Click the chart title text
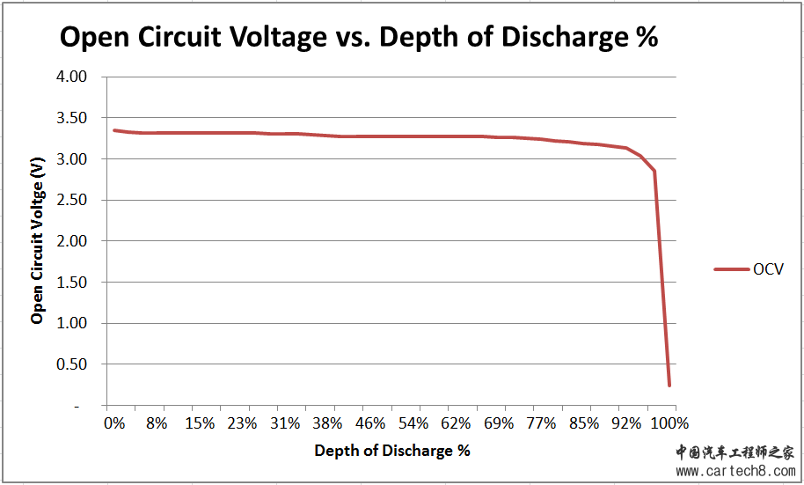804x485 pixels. (x=358, y=38)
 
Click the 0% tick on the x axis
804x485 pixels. (x=115, y=423)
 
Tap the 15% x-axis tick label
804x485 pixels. (x=200, y=423)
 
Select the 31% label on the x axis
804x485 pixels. (x=285, y=423)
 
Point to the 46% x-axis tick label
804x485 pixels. (x=370, y=423)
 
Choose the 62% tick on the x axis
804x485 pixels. (x=456, y=423)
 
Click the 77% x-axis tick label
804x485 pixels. (x=541, y=423)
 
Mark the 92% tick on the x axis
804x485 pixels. (x=625, y=423)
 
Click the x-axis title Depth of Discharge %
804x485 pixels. (x=392, y=451)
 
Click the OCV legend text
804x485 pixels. (x=767, y=269)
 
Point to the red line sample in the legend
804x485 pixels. (x=730, y=269)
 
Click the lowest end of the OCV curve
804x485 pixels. (x=669, y=385)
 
